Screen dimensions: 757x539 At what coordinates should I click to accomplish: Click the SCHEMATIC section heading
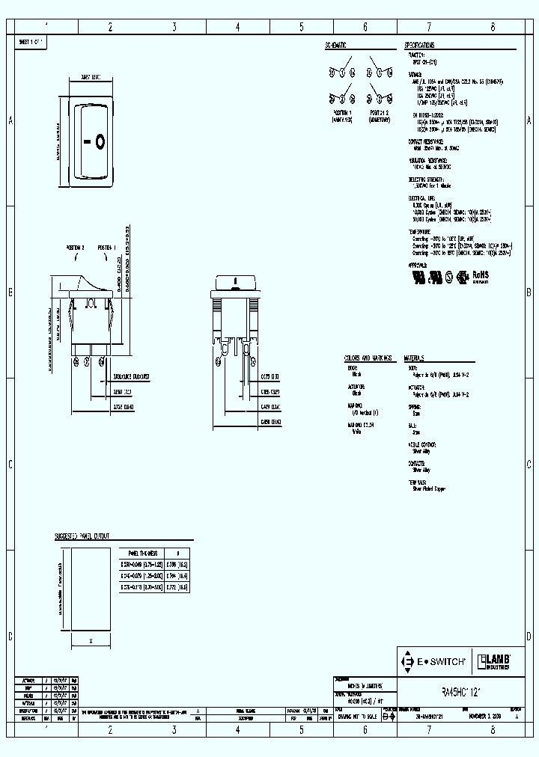335,45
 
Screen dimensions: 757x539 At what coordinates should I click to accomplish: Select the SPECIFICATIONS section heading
425,45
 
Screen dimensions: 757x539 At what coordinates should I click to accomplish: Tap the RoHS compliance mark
479,275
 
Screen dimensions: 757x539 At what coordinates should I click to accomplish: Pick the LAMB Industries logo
495,661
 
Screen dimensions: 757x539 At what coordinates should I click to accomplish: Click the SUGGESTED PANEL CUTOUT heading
82,536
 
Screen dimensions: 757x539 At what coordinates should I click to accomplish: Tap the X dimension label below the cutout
91,641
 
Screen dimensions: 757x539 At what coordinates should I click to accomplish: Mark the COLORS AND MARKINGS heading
368,358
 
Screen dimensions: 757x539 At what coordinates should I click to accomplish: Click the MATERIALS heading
419,358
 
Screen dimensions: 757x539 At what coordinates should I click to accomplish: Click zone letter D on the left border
10,637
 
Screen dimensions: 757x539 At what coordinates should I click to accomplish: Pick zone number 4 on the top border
237,26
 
